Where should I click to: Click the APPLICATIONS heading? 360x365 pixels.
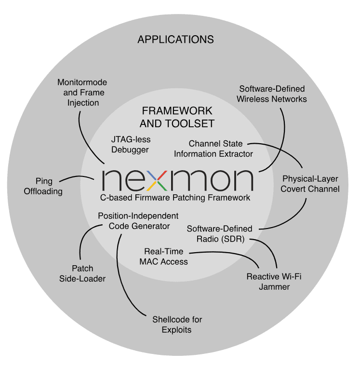[175, 39]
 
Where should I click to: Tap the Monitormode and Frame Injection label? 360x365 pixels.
[82, 92]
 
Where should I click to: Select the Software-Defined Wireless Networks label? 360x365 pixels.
[273, 94]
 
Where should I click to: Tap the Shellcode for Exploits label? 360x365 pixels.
[177, 324]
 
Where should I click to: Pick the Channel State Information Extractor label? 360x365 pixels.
[213, 149]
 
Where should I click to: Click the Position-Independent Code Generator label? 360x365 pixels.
[138, 220]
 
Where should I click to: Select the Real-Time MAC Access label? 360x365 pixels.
[166, 257]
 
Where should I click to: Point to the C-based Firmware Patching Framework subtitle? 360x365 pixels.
[175, 198]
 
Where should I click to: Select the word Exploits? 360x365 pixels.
[177, 330]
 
